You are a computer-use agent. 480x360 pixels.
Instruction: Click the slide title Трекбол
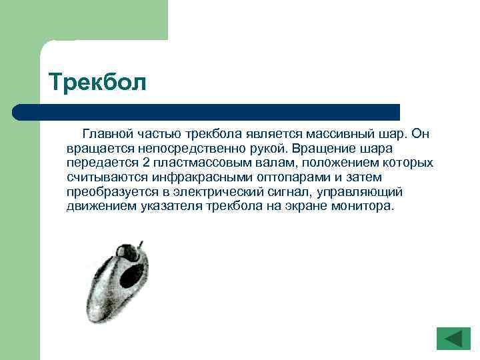coord(96,83)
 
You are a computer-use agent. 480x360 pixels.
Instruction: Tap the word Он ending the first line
coord(420,134)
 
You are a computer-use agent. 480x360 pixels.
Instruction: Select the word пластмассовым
coord(204,163)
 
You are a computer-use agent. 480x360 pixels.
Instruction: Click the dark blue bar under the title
coord(207,111)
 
